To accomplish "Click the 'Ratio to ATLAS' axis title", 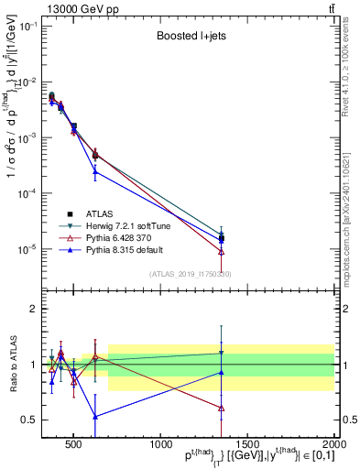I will pos(12,365).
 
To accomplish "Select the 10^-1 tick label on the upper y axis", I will pos(27,26).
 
